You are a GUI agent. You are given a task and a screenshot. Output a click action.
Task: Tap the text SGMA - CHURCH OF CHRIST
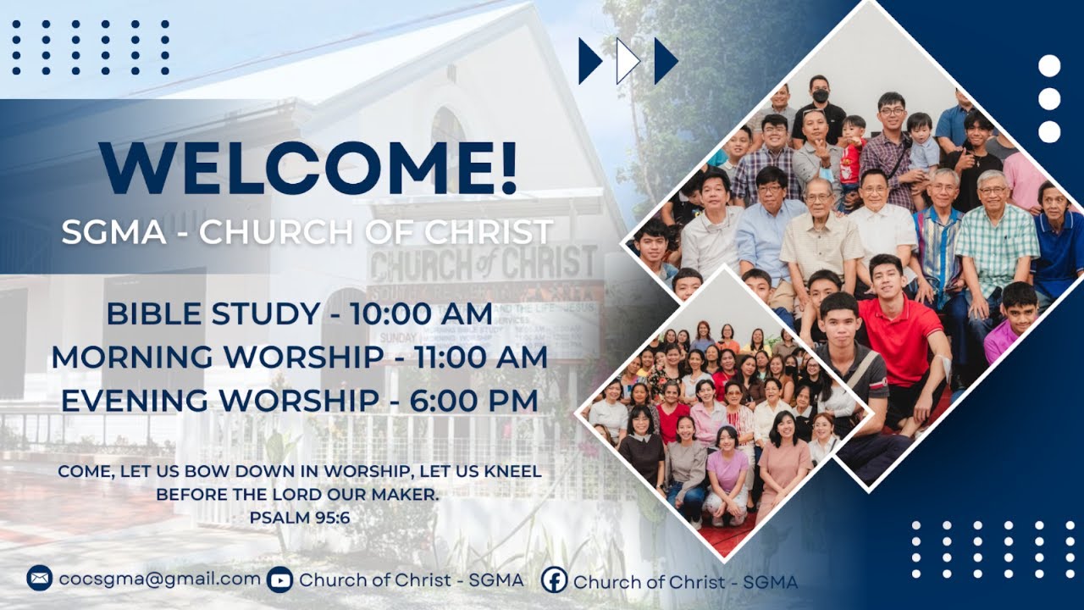click(307, 232)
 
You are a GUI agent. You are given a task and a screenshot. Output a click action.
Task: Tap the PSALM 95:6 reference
click(300, 517)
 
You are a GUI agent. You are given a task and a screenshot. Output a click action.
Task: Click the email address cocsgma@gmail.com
click(160, 579)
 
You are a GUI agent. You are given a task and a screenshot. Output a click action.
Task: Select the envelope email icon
click(39, 579)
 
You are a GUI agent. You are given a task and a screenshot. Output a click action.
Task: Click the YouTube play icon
click(279, 580)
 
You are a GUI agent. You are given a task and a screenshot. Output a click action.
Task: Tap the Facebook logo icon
click(554, 580)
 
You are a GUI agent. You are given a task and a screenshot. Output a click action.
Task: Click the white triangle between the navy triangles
click(626, 61)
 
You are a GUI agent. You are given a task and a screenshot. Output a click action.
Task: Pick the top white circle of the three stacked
click(1049, 66)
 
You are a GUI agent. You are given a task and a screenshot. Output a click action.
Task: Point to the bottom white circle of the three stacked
click(1049, 131)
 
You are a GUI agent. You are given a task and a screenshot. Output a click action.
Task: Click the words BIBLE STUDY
click(212, 313)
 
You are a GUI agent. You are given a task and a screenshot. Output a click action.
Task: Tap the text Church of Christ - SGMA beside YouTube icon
click(411, 580)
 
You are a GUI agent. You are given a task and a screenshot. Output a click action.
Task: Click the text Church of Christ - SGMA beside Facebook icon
click(685, 582)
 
